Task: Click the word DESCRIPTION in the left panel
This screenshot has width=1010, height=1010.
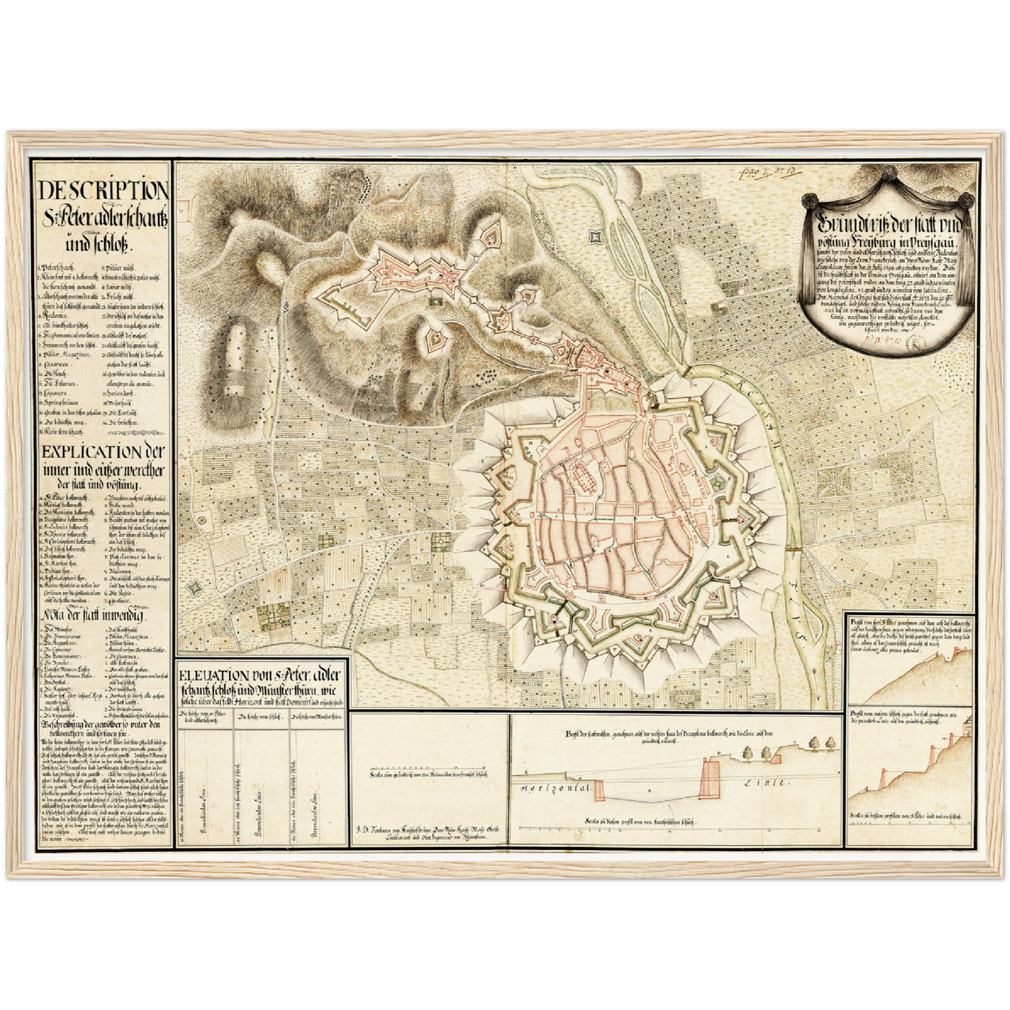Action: pos(103,191)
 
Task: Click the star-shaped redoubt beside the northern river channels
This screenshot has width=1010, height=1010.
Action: pos(595,238)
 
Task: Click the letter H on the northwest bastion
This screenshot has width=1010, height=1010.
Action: pos(531,443)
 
